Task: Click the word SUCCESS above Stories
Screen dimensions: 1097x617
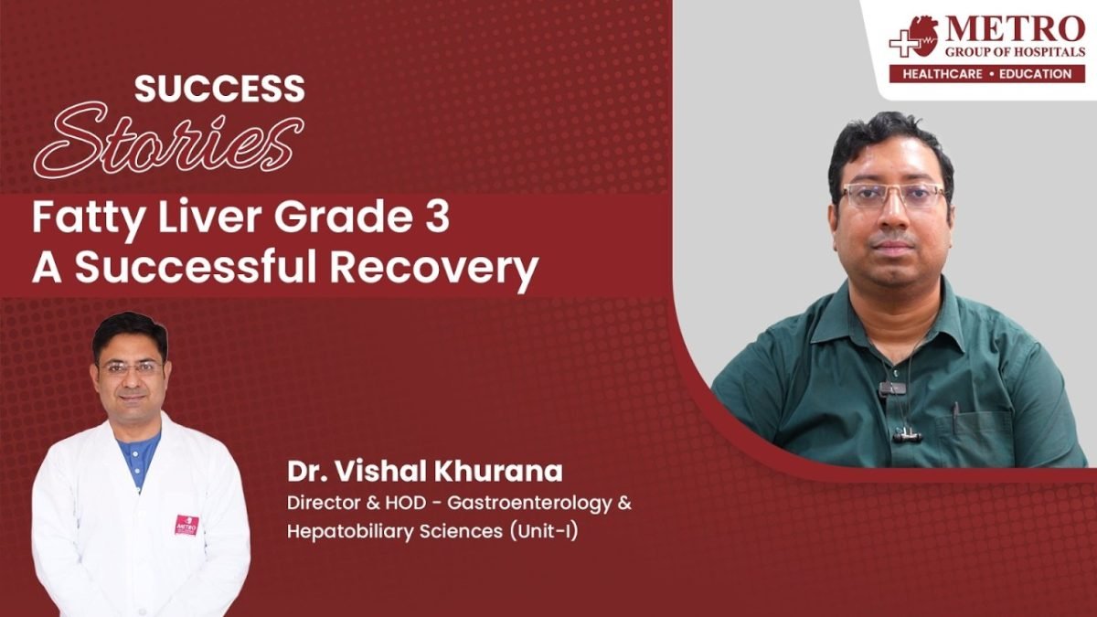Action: click(219, 89)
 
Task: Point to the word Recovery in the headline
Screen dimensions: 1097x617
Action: click(434, 269)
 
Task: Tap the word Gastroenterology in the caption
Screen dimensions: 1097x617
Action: click(529, 504)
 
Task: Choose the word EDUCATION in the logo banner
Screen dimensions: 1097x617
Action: click(1035, 74)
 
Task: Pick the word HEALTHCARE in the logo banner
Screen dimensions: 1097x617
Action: click(943, 74)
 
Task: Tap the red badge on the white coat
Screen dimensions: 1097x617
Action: click(186, 525)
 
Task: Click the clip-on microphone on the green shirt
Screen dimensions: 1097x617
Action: click(892, 389)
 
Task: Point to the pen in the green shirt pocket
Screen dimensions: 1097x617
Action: click(955, 417)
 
